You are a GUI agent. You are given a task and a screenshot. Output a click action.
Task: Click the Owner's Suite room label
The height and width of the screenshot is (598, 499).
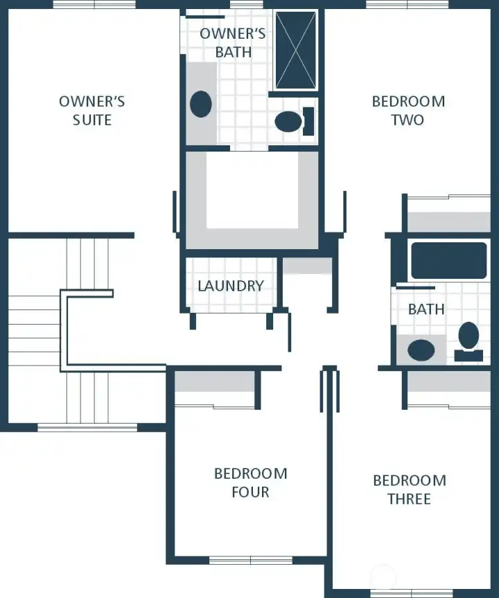[x=91, y=111]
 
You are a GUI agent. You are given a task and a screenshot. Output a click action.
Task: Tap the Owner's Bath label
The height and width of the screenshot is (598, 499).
[x=233, y=43]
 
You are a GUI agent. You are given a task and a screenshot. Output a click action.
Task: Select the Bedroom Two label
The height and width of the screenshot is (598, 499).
[x=408, y=111]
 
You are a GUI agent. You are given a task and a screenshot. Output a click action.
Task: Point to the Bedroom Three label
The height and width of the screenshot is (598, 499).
[x=410, y=490]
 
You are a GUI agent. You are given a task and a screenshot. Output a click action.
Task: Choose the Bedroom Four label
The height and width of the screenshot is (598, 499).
[x=250, y=483]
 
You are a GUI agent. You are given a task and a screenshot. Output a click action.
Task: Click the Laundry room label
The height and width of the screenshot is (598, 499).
[x=231, y=286]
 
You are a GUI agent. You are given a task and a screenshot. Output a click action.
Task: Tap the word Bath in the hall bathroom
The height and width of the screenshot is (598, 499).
[x=426, y=309]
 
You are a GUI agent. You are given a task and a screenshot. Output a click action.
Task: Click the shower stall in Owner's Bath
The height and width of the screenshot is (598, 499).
[x=296, y=50]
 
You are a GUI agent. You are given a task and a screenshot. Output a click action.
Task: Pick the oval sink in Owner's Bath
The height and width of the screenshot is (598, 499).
[x=200, y=104]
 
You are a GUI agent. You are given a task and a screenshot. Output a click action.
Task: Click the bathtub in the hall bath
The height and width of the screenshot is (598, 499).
[x=448, y=261]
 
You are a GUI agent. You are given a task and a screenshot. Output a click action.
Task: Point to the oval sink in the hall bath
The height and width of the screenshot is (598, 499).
[x=421, y=350]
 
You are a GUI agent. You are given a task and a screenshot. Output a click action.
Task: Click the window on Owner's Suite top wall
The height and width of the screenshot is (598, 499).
[x=85, y=5]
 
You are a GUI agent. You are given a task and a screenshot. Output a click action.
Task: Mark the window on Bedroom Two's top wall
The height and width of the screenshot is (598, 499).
[x=397, y=5]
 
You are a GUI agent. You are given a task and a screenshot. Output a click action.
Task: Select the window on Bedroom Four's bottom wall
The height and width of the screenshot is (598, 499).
[x=250, y=560]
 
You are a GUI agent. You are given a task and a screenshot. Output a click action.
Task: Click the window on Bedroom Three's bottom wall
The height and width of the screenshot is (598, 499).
[x=401, y=593]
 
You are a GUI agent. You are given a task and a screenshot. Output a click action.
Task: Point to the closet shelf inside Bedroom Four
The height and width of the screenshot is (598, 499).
[x=214, y=382]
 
